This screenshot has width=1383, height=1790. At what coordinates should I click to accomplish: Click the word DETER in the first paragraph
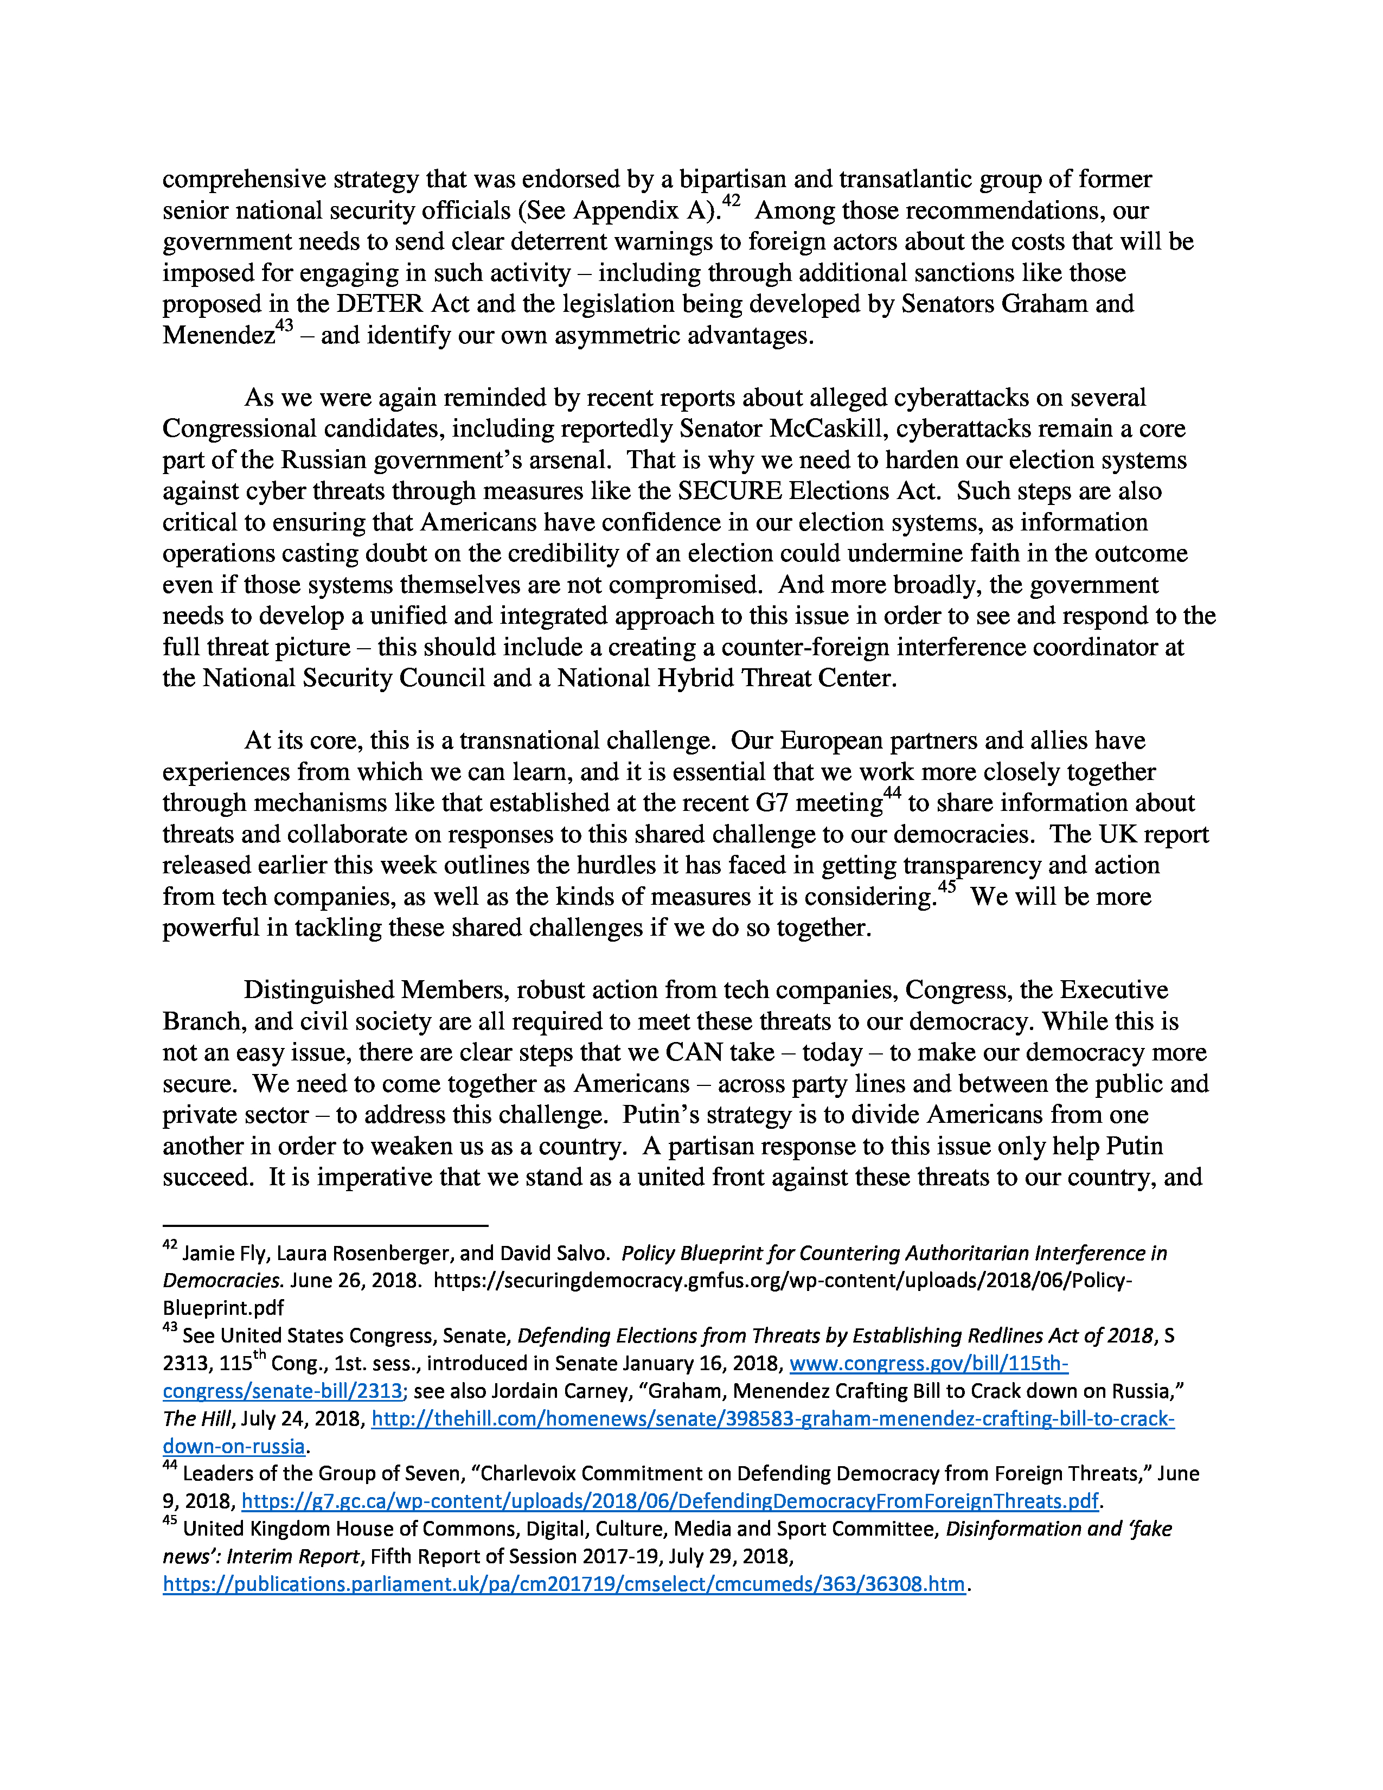click(x=380, y=304)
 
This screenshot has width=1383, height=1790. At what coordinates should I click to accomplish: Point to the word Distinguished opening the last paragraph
click(x=319, y=990)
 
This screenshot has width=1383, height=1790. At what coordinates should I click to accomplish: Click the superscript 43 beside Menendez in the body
click(x=284, y=326)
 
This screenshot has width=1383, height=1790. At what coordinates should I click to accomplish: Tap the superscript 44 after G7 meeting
click(x=892, y=794)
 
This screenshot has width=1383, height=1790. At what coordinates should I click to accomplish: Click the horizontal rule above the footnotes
click(x=325, y=1225)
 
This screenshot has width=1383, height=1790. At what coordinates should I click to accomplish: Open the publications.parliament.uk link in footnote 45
click(x=564, y=1584)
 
